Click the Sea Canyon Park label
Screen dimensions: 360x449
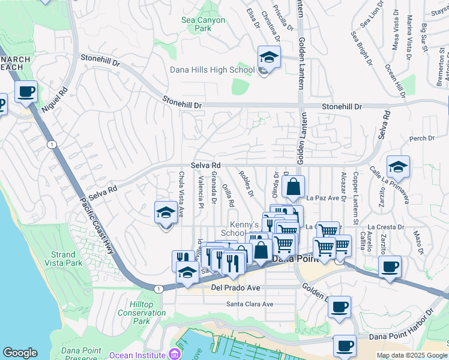tap(203, 24)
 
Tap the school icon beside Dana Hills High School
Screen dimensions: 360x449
tap(269, 58)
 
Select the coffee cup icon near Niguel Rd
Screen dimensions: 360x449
tap(26, 92)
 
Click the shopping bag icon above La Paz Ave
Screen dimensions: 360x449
tap(294, 187)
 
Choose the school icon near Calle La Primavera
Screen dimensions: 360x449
tap(398, 167)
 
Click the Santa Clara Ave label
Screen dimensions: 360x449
tap(249, 304)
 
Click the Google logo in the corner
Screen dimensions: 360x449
tap(20, 353)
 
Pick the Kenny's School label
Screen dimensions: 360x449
tap(232, 228)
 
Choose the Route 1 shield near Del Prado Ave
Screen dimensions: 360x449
tap(158, 289)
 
